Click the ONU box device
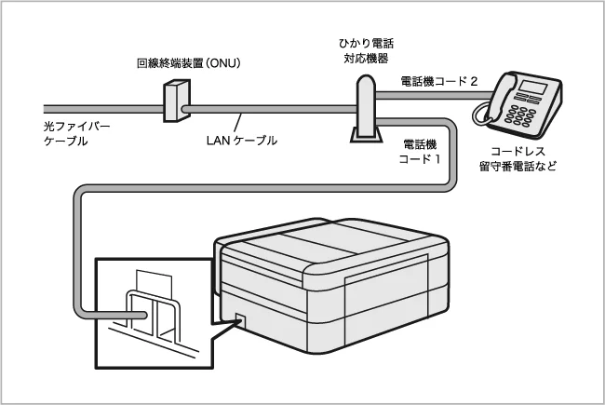pos(172,101)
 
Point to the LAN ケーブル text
pos(240,140)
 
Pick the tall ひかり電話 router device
pos(364,102)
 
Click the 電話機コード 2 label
pos(438,82)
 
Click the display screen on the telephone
pos(533,90)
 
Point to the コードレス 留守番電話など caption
pos(518,158)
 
